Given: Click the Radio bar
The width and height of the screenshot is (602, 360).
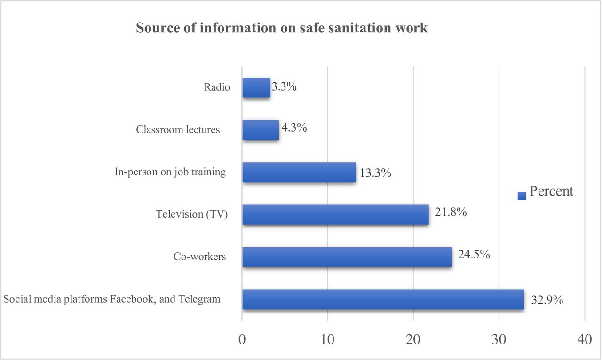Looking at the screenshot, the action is click(x=256, y=87).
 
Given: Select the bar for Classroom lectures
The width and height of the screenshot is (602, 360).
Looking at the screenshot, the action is click(x=261, y=130).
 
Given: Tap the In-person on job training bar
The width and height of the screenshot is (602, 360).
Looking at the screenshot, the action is click(x=299, y=172).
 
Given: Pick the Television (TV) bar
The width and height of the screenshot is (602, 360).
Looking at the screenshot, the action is click(x=336, y=214).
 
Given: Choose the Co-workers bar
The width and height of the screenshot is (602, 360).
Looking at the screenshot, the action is click(x=347, y=257).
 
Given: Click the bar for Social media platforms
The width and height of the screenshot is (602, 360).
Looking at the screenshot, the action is click(x=383, y=299).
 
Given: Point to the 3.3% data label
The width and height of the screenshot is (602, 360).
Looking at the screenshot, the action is click(x=284, y=87).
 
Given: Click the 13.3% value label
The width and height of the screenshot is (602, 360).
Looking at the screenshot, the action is click(x=375, y=173).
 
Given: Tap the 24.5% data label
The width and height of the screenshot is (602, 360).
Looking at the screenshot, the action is click(x=474, y=254).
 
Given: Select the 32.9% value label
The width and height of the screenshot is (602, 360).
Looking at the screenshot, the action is click(x=547, y=299).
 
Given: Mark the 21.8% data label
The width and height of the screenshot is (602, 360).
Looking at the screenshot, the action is click(x=451, y=212).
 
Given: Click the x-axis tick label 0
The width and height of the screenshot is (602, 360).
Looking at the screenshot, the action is click(x=242, y=340).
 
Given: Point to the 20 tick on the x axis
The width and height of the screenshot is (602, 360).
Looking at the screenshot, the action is click(x=413, y=340).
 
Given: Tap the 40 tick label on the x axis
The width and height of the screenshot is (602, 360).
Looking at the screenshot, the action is click(x=585, y=340).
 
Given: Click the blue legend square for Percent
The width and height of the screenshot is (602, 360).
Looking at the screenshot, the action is click(x=522, y=196).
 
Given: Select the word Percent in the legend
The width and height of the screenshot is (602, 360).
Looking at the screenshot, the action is click(x=551, y=191).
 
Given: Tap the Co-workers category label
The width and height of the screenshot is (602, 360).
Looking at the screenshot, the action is click(x=199, y=257).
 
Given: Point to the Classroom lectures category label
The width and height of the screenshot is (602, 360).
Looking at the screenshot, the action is click(x=178, y=130).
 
